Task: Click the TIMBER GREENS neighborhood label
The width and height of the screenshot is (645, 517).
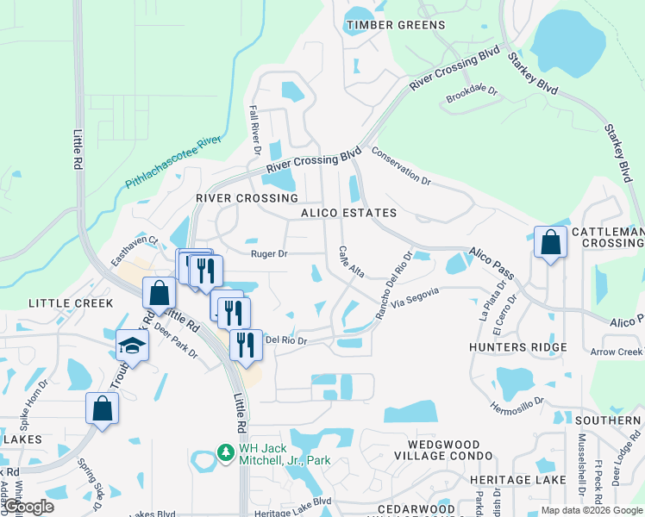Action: tap(396, 25)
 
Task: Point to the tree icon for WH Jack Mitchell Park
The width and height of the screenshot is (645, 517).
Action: tap(225, 452)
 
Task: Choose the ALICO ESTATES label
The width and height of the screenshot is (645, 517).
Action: tap(348, 213)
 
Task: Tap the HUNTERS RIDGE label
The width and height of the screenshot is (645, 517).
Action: tap(517, 347)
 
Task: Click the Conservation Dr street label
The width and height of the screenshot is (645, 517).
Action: tap(401, 165)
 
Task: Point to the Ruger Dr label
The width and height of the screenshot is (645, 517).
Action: tap(268, 254)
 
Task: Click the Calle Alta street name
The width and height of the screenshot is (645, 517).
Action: tap(350, 262)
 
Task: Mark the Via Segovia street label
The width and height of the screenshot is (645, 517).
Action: tap(415, 298)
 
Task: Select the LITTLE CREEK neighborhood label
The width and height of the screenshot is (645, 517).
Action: tap(71, 303)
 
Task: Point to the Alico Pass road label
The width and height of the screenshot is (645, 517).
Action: tap(492, 263)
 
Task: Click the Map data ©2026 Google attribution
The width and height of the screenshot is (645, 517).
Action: tap(591, 510)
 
